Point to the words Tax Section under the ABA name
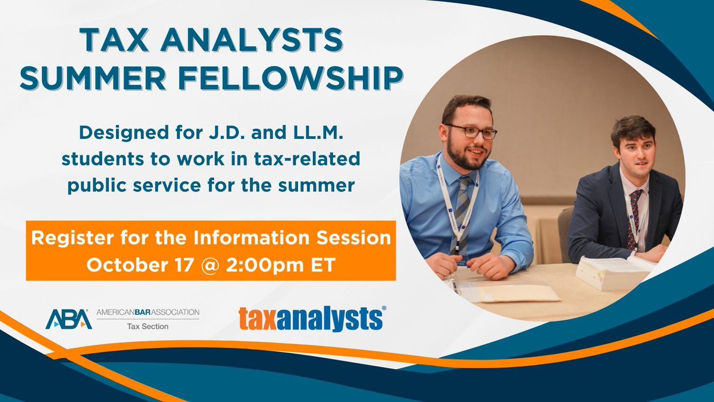(148, 326)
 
